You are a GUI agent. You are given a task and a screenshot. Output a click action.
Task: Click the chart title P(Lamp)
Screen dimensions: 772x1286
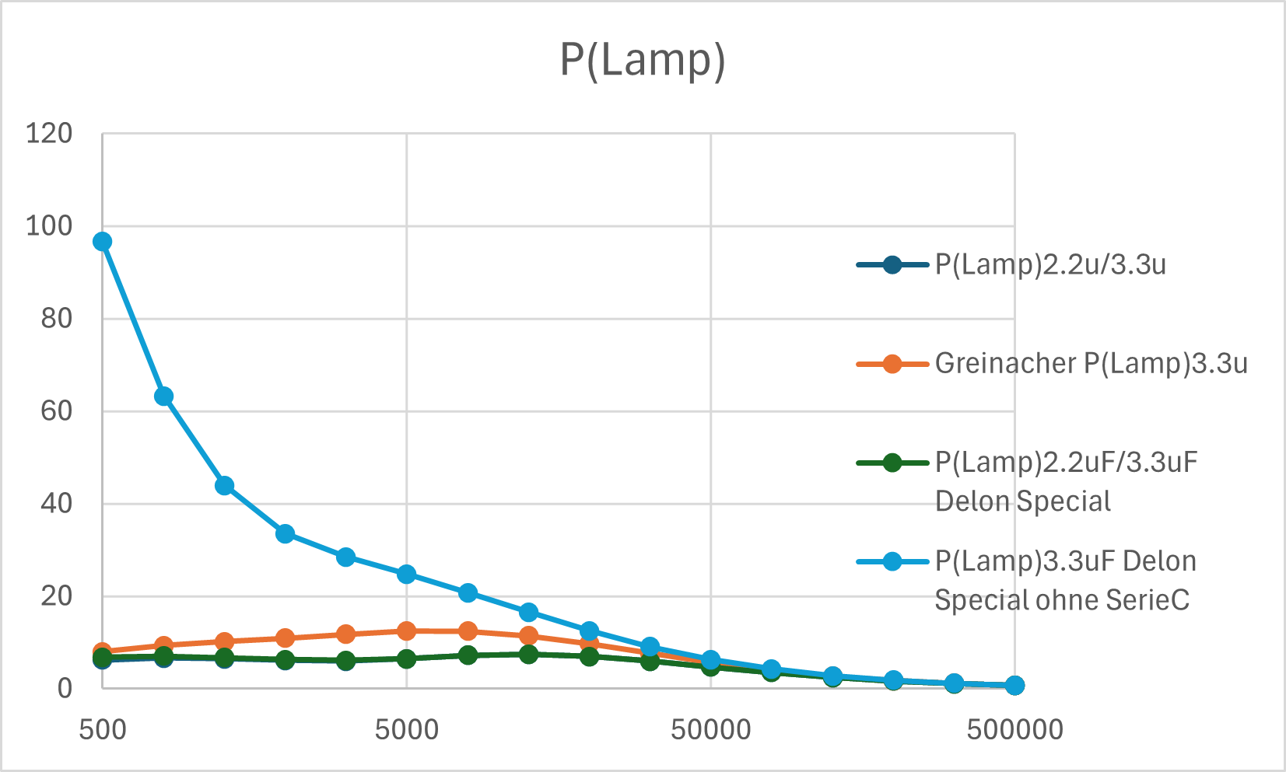click(x=642, y=60)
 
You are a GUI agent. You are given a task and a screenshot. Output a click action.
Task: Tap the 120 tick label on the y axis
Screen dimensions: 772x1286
click(x=49, y=134)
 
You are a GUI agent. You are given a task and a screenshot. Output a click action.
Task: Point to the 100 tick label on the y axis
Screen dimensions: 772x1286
click(x=49, y=226)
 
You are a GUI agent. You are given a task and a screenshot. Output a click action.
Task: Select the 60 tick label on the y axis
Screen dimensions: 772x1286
click(x=56, y=411)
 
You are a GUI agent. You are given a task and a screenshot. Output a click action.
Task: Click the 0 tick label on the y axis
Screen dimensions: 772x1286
click(x=65, y=688)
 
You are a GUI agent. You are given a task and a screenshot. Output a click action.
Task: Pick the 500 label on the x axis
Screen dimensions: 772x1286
click(x=103, y=731)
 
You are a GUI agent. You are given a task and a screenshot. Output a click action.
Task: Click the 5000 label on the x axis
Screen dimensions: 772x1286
click(x=406, y=731)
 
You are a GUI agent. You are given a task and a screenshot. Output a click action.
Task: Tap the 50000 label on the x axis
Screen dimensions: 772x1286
click(x=711, y=731)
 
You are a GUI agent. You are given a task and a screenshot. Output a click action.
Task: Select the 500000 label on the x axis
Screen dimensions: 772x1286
click(x=1014, y=731)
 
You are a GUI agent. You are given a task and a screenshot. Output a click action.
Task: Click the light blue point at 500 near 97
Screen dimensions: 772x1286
click(x=103, y=242)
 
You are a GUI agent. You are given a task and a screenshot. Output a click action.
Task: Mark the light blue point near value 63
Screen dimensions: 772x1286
click(x=163, y=396)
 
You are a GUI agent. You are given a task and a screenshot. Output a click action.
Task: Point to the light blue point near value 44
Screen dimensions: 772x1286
click(x=224, y=486)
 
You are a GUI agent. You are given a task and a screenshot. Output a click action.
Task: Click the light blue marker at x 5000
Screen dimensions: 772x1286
click(x=406, y=575)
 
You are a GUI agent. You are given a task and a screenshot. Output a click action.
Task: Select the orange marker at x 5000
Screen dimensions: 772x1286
click(x=406, y=631)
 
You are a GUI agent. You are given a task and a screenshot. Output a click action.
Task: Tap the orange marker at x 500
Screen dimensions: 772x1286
click(x=103, y=651)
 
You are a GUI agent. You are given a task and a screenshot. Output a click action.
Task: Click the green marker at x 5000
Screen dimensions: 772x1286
click(x=406, y=659)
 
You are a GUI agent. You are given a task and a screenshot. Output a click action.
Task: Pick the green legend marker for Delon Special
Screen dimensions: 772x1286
click(x=892, y=463)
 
